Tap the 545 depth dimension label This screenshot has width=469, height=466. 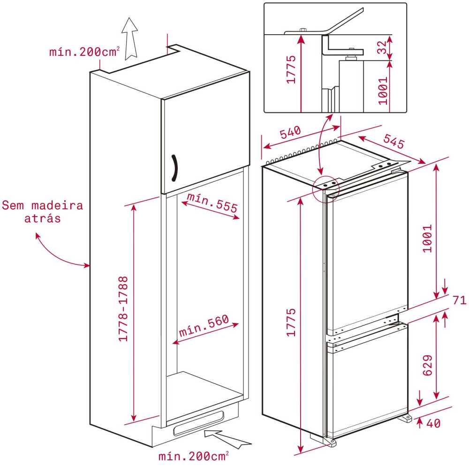coord(394,141)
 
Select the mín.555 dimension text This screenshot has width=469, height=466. coord(212,203)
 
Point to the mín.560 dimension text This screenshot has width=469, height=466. coord(204,326)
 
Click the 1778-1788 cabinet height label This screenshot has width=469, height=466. coord(123,308)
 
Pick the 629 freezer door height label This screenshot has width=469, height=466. coord(427,365)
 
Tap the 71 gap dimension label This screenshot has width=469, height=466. coord(460,300)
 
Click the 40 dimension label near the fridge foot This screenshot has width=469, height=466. coord(433,423)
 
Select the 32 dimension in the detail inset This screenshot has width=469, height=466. coord(382,47)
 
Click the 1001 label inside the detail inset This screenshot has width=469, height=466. coord(383,91)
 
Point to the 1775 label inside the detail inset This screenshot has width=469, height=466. coord(291,69)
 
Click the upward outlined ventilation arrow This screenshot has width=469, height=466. coord(130,39)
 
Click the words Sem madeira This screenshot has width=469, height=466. coord(43,205)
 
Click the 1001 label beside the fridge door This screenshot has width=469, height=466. coord(427,239)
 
